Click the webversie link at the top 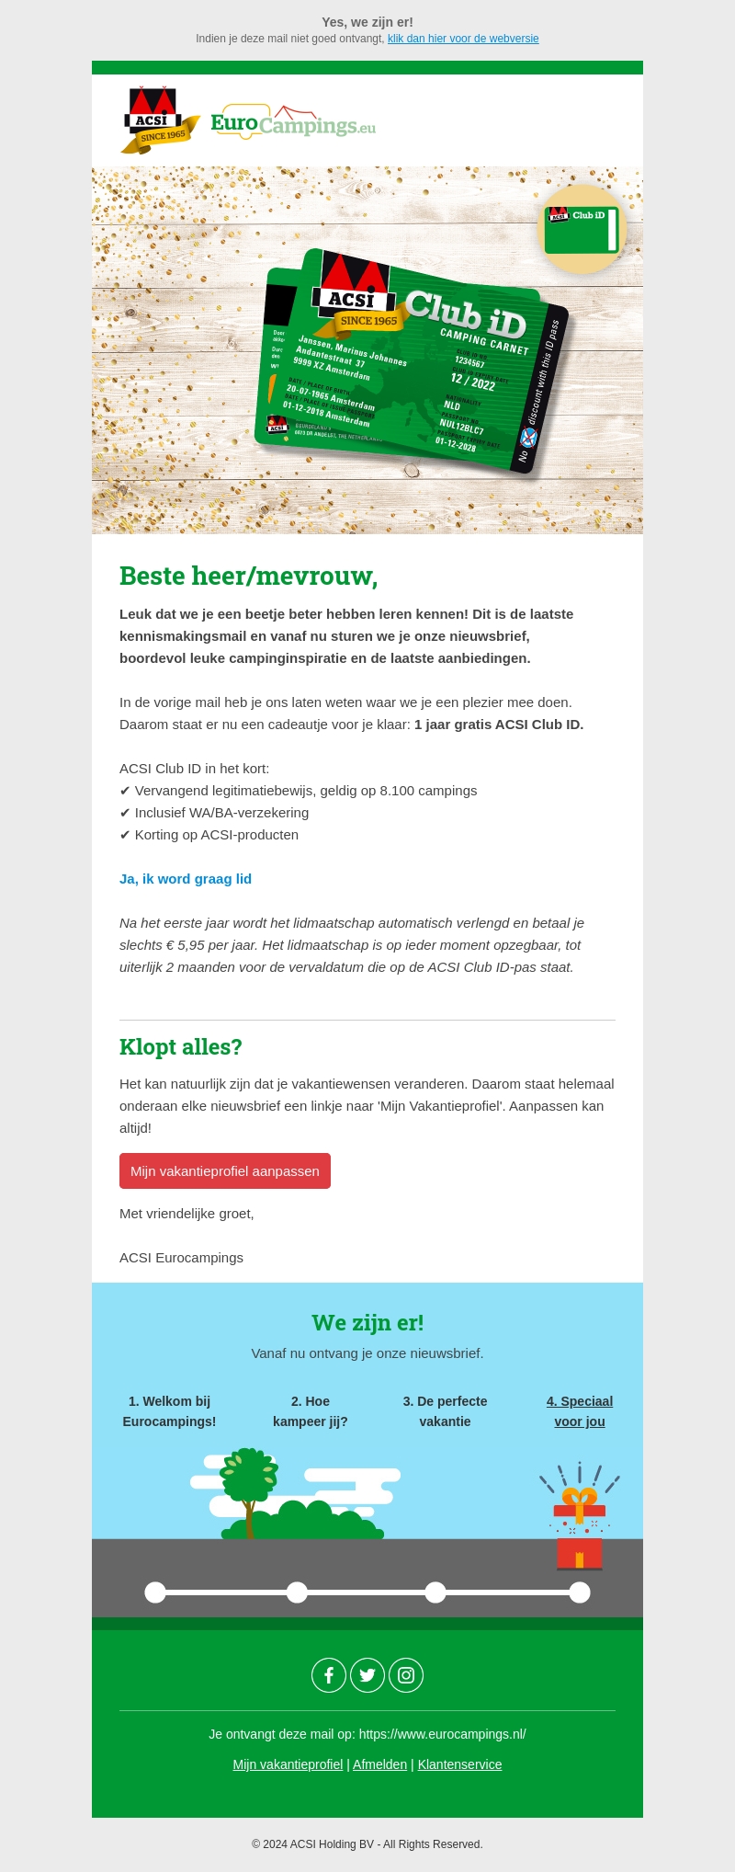point(463,39)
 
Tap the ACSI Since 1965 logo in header point(158,120)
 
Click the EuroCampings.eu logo point(293,122)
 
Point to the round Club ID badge point(582,229)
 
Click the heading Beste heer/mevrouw point(248,576)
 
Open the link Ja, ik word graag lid point(186,879)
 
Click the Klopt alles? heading point(180,1047)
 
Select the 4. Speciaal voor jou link point(580,1411)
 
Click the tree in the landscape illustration point(248,1480)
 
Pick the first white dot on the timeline point(155,1592)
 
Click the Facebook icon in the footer point(329,1675)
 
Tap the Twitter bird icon point(367,1675)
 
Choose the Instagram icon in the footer point(406,1675)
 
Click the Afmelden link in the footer point(379,1764)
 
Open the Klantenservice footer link point(459,1764)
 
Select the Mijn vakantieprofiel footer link point(288,1764)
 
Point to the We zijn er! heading point(367,1323)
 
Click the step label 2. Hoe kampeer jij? point(311,1411)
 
